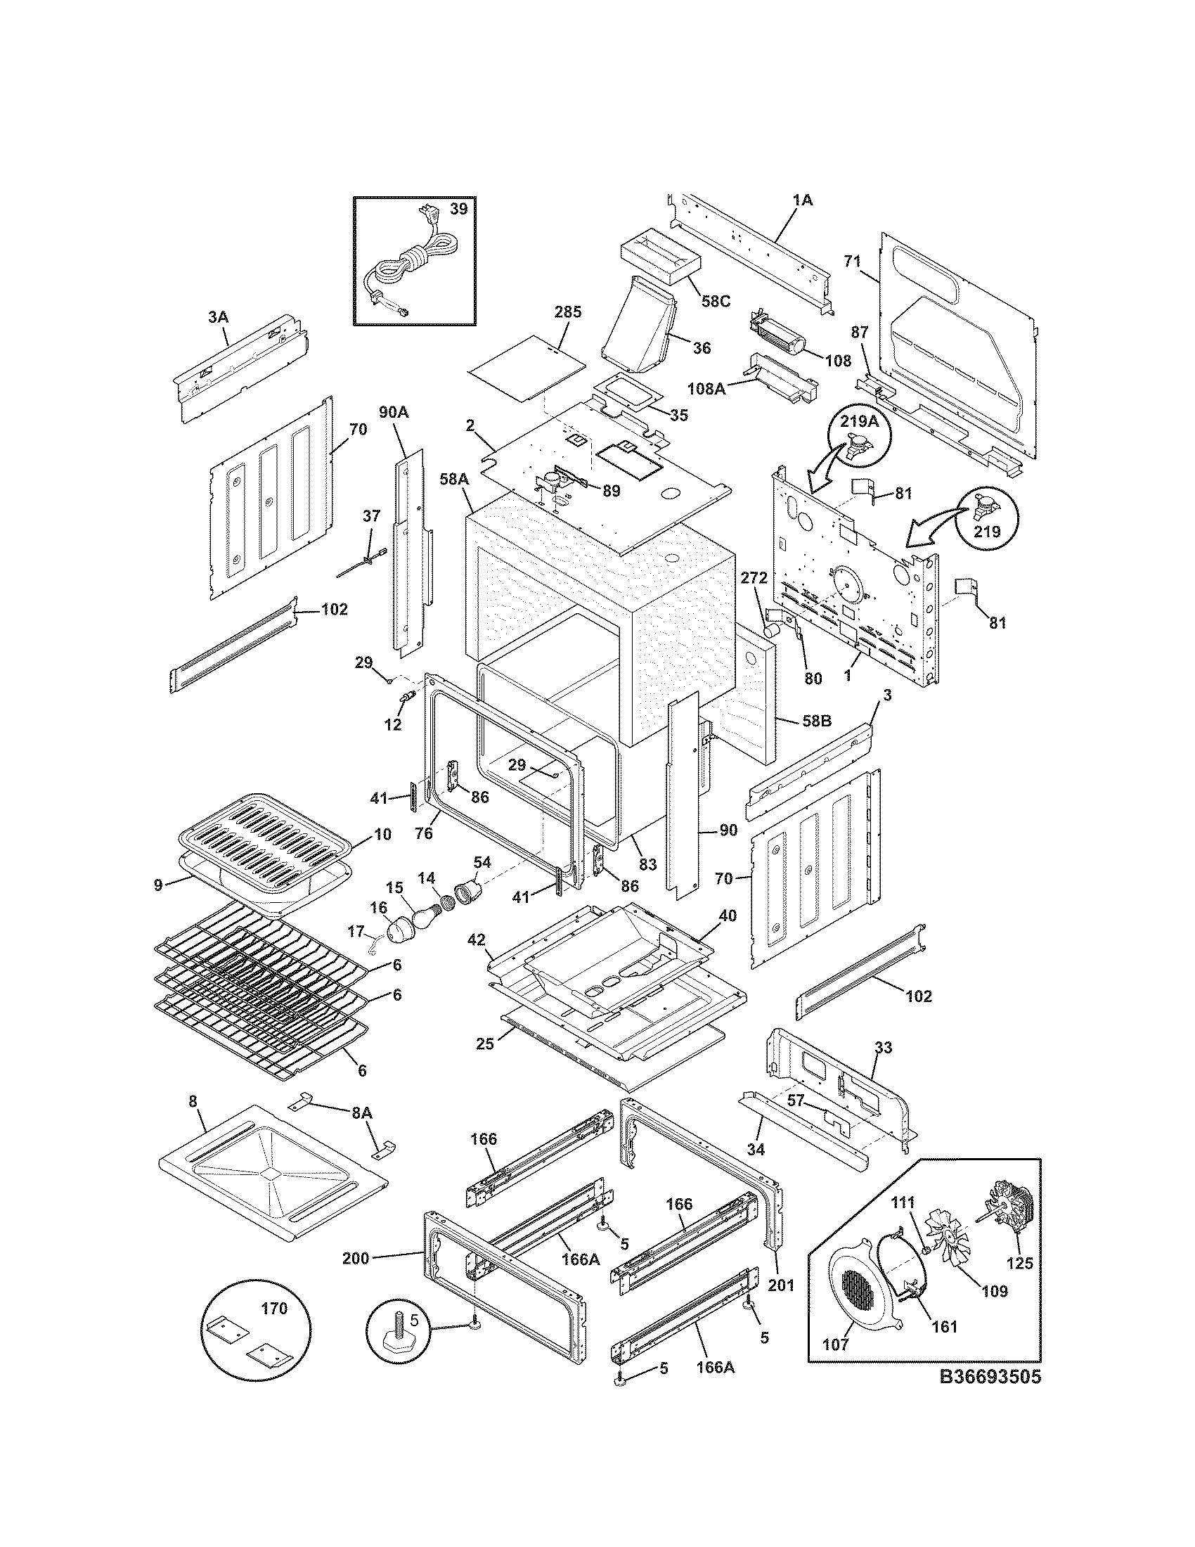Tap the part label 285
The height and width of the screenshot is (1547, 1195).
[568, 312]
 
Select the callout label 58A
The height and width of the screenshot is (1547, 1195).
[454, 480]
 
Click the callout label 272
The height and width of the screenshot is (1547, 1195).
[754, 577]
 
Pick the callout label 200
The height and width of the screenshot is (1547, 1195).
[356, 1258]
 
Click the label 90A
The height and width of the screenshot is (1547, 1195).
[394, 412]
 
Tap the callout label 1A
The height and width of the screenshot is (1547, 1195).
[803, 200]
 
